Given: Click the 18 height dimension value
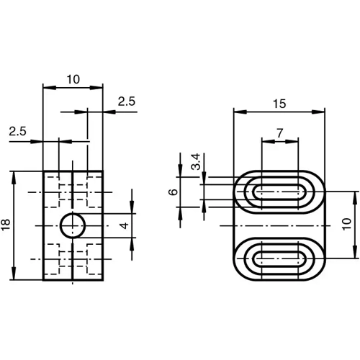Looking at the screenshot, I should (6, 225).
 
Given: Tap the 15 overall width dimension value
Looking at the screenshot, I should (279, 103).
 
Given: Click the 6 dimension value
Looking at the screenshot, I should (172, 192).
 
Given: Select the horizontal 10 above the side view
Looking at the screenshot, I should (73, 80).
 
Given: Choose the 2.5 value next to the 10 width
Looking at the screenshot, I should (126, 102).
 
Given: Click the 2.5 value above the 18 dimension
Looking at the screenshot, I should (18, 131).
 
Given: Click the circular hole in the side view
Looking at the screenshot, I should (72, 225).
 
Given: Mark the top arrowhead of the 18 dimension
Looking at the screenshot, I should (15, 176).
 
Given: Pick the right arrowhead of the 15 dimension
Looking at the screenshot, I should (320, 112).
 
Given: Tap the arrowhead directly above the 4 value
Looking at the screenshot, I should (131, 209).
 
